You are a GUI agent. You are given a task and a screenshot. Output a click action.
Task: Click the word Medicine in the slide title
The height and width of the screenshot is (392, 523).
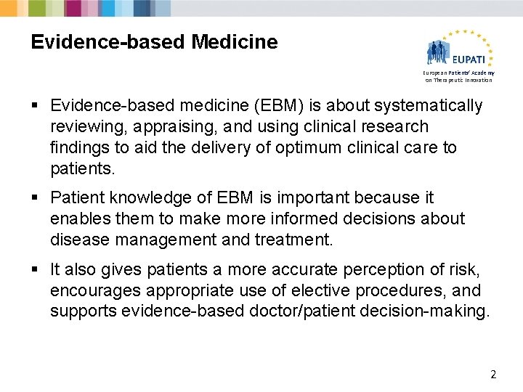click(235, 42)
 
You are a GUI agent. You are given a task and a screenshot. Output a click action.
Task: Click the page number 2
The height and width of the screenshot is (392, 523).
click(493, 375)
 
